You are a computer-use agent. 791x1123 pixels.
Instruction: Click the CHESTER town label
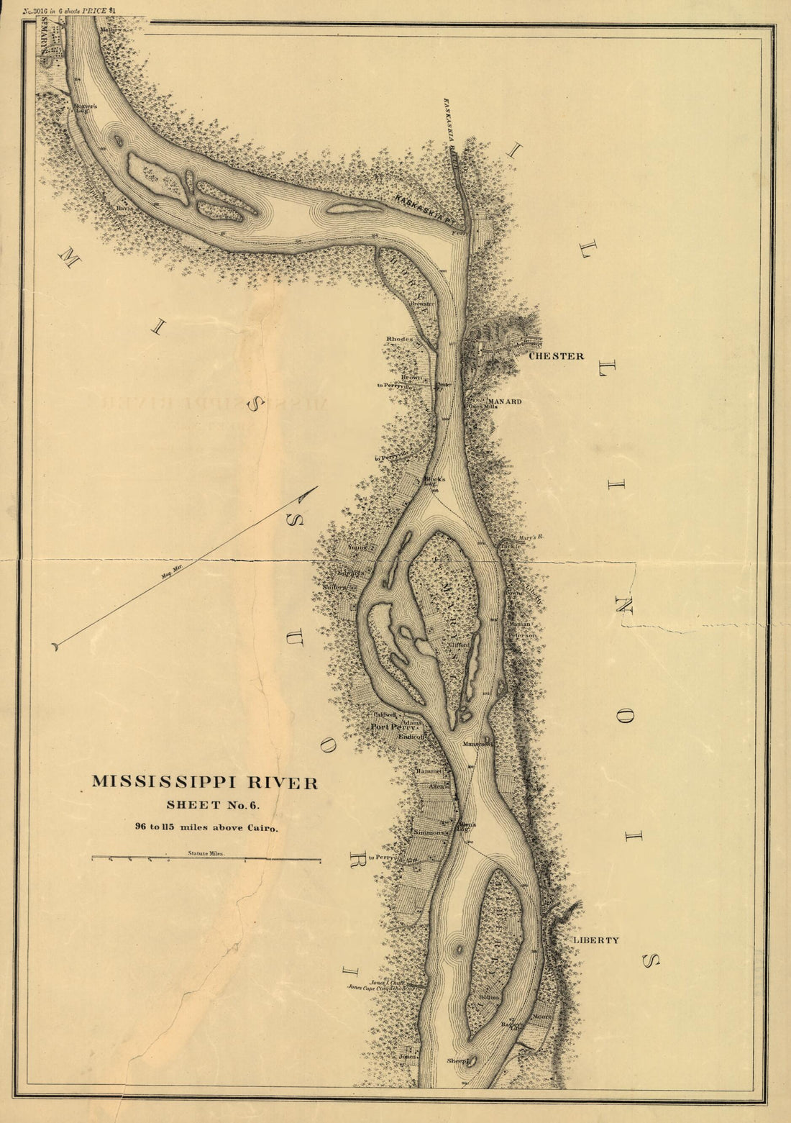[x=556, y=356]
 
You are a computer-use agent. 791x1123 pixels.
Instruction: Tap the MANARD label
[x=505, y=401]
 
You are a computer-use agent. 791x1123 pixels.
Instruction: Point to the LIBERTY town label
[x=595, y=940]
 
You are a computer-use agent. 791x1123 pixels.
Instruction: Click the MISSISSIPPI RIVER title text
[x=204, y=783]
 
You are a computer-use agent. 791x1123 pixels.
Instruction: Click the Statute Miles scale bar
[x=206, y=859]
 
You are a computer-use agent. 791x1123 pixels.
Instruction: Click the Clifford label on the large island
[x=459, y=645]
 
